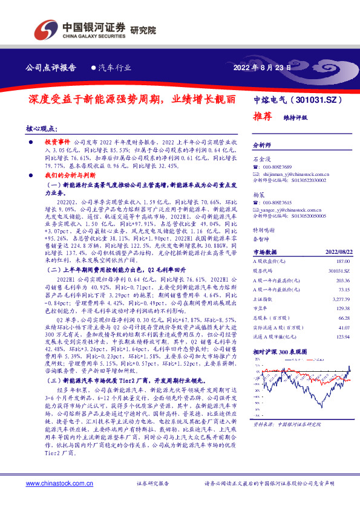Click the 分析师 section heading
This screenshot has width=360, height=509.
[x=263, y=145]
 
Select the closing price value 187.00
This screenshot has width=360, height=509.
[x=343, y=260]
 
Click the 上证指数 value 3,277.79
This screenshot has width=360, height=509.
[x=341, y=299]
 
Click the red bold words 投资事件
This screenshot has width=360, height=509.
[x=57, y=139]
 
